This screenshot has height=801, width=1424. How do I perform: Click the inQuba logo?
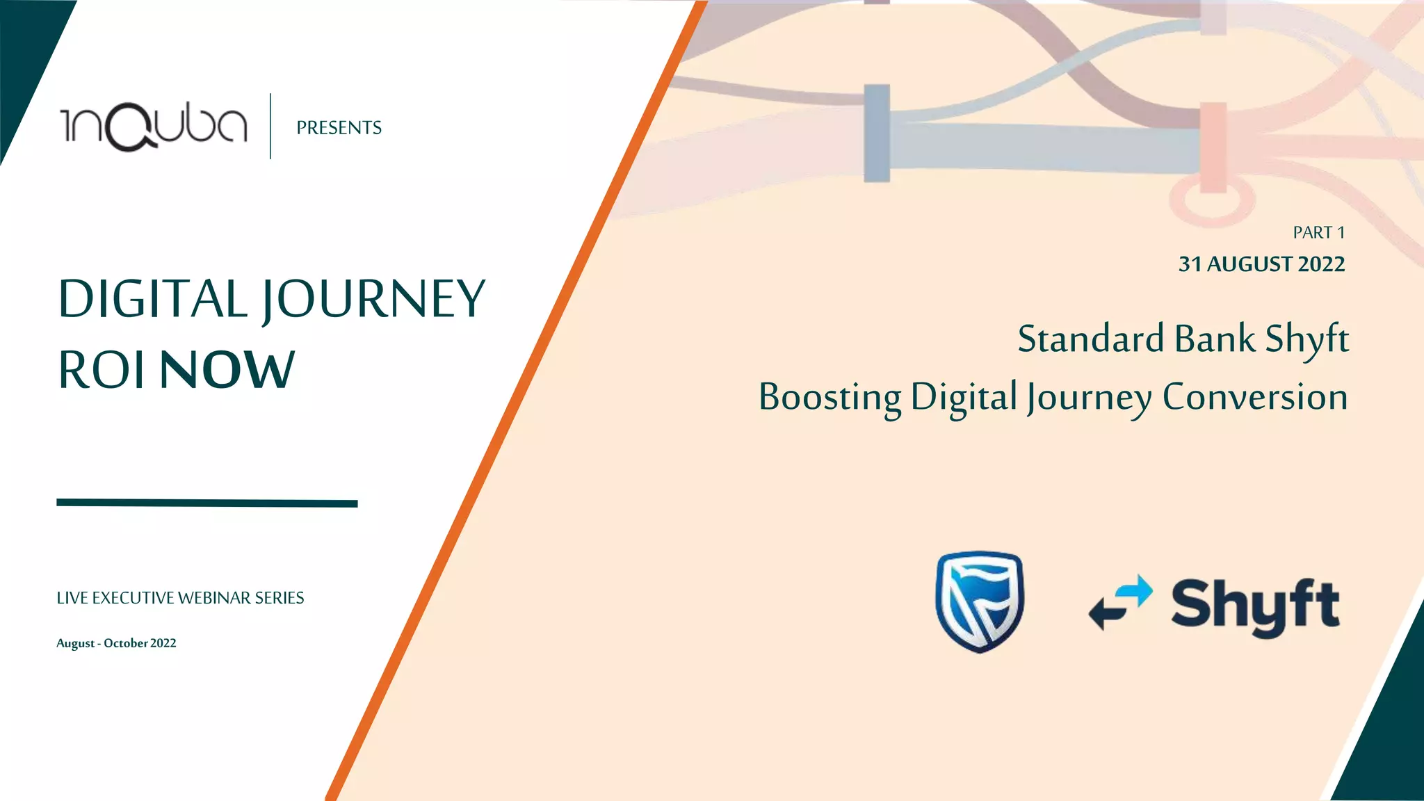coord(154,127)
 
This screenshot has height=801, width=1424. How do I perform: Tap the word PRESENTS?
coord(339,128)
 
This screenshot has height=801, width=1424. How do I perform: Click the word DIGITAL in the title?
coord(152,299)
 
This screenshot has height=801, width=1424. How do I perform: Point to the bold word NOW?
coord(227,370)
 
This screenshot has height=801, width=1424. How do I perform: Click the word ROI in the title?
coord(102,370)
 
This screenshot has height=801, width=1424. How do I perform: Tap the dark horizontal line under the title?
coord(207,503)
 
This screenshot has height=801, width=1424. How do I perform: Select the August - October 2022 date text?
coord(116,643)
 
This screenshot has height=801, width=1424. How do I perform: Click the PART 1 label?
coord(1318,233)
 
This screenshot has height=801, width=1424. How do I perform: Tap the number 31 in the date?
coord(1190,264)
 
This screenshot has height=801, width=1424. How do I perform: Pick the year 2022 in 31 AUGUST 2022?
coord(1321,264)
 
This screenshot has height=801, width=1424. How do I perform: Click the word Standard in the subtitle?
coord(1091,339)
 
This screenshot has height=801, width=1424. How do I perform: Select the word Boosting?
coord(830,398)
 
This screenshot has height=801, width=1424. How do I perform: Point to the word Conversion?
coord(1254,398)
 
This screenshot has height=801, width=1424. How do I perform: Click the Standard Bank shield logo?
coord(980,601)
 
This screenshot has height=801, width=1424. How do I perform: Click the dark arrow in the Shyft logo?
coord(1108,613)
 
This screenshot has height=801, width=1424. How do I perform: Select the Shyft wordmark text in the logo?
coord(1255,606)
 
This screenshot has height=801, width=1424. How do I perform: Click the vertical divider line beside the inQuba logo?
coord(270,126)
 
